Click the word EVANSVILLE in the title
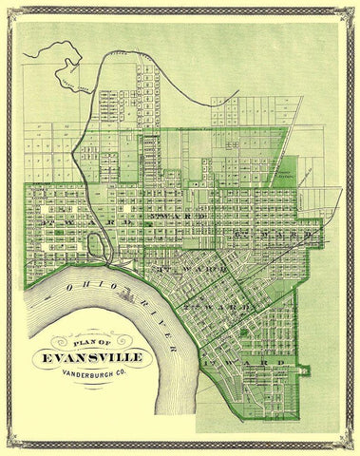tap(95, 348)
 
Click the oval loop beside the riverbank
tap(97, 249)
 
